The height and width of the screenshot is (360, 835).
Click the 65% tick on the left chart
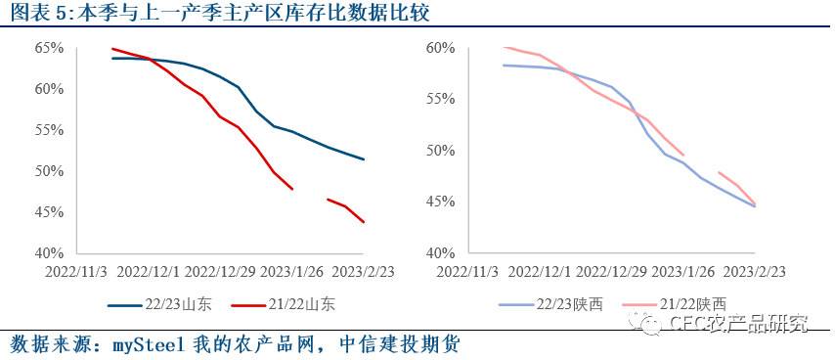49,48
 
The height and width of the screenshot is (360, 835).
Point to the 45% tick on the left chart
49,212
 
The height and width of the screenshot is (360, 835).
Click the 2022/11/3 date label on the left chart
77,271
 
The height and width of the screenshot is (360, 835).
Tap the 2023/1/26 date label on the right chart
681,271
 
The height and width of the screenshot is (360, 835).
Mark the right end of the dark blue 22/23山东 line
364,159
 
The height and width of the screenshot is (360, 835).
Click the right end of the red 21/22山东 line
364,222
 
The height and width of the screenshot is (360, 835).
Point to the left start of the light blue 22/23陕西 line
503,66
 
